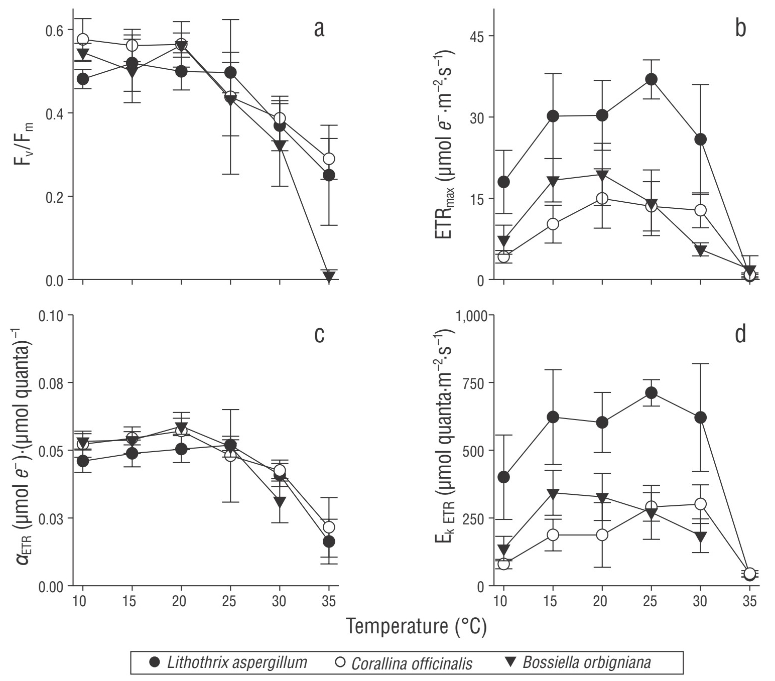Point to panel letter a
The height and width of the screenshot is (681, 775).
pyautogui.click(x=319, y=30)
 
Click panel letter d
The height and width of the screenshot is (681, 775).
pyautogui.click(x=740, y=334)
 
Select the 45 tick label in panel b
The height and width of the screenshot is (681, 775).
pyautogui.click(x=474, y=37)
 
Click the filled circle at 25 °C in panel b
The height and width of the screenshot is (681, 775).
pyautogui.click(x=652, y=79)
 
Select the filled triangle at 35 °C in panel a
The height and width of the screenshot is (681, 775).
pyautogui.click(x=329, y=276)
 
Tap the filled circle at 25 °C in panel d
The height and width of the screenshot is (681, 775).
pyautogui.click(x=652, y=392)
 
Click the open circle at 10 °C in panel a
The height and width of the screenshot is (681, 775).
pyautogui.click(x=83, y=39)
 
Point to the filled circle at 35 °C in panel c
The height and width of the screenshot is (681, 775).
pyautogui.click(x=329, y=541)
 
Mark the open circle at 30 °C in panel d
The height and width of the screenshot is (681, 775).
pyautogui.click(x=701, y=504)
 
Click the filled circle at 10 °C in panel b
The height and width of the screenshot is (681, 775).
pyautogui.click(x=504, y=182)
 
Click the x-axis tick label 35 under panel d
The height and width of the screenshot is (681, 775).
pyautogui.click(x=749, y=601)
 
